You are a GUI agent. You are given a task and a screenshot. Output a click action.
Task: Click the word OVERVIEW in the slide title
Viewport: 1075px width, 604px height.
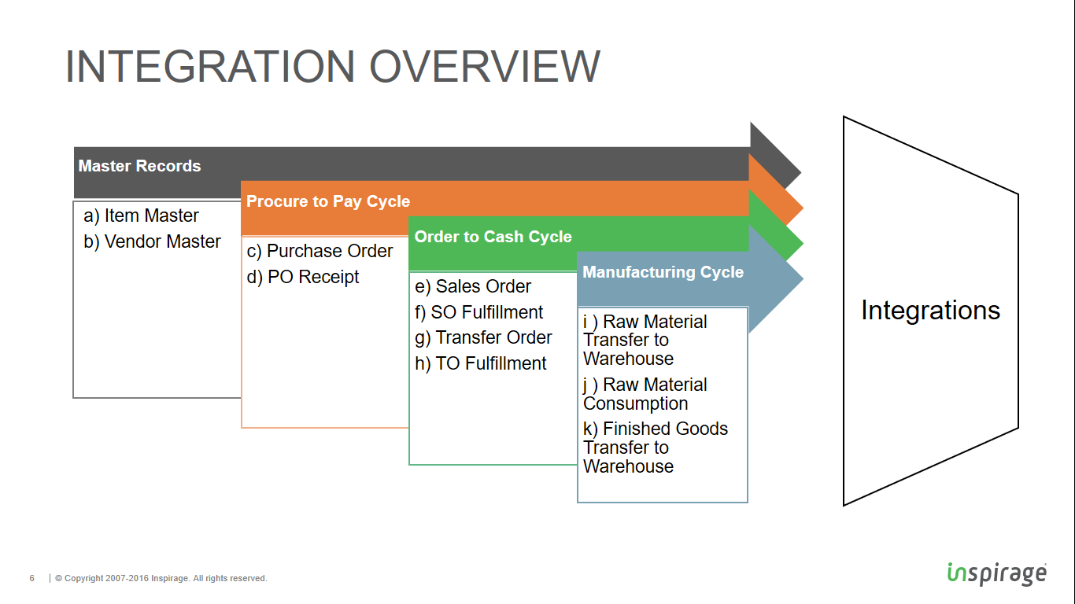point(484,66)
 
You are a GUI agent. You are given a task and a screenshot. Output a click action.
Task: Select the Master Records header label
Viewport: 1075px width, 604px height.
point(139,166)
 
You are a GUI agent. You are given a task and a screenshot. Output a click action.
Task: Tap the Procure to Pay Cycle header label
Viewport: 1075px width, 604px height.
point(328,201)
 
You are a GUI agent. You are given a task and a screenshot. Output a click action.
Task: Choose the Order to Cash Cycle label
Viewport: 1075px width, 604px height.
point(493,237)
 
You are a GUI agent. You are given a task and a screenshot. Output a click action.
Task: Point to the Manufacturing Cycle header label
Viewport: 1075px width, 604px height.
point(663,272)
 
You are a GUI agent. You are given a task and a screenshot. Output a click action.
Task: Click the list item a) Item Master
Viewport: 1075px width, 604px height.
point(142,215)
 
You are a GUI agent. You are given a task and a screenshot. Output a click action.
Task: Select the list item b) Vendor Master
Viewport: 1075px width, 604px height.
point(153,241)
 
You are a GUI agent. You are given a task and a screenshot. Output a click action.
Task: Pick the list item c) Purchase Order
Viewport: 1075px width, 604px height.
point(320,251)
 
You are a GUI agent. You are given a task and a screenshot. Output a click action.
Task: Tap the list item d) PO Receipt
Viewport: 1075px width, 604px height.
point(303,277)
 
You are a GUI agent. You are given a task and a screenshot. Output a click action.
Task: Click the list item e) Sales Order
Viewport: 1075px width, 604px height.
point(473,286)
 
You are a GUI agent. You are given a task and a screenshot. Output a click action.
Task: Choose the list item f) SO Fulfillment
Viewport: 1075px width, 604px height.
point(479,312)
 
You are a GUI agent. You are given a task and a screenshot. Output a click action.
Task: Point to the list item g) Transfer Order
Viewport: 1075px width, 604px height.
point(483,337)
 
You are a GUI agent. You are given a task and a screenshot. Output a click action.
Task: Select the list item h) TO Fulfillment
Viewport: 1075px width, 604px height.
point(481,363)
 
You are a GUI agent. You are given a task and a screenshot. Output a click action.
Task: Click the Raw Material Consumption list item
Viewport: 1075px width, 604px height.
point(645,394)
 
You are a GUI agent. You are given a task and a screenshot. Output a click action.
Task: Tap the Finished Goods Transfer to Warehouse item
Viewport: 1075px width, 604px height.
point(655,447)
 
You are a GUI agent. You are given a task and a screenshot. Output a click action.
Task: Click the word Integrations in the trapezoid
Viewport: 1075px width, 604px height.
point(930,310)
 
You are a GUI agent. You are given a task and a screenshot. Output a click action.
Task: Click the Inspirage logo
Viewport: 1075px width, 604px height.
point(996,573)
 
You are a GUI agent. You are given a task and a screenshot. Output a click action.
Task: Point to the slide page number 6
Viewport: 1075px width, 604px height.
point(32,579)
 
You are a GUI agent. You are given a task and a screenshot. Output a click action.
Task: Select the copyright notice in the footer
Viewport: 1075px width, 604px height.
point(161,579)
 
